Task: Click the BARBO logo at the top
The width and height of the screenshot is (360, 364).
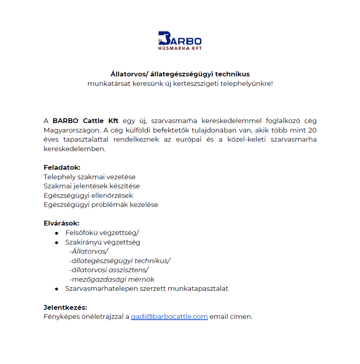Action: [x=180, y=40]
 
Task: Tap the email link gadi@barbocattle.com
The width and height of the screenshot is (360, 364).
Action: [x=169, y=317]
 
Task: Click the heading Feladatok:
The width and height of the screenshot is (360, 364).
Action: [x=62, y=167]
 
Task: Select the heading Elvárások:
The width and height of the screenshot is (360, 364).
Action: [x=61, y=223]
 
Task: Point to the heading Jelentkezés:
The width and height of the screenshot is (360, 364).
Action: [x=65, y=307]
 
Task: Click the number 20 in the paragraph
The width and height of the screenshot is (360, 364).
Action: [x=312, y=130]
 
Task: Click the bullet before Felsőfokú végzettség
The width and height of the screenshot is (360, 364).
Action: [x=57, y=233]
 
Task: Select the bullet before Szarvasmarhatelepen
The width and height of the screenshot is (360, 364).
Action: [x=57, y=289]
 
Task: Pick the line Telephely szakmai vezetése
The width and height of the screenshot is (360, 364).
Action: [x=90, y=177]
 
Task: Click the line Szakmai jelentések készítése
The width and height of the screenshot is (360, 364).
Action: [x=91, y=186]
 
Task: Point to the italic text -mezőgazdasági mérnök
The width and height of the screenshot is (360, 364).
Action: [x=112, y=280]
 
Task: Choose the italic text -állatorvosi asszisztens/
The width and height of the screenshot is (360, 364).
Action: [x=109, y=270]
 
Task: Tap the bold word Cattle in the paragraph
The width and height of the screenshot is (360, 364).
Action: [x=93, y=121]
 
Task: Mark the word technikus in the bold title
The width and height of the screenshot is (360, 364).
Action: [x=233, y=74]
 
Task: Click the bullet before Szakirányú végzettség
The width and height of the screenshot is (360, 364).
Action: [x=57, y=242]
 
